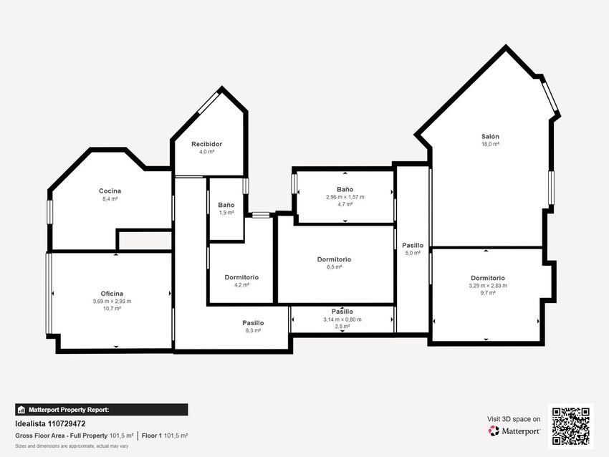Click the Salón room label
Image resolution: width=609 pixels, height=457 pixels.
pos(490,136)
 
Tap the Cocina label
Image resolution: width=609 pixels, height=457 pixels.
pos(110,191)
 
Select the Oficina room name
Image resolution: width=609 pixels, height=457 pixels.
pos(112,294)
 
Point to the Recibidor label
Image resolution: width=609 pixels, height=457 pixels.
pos(206,144)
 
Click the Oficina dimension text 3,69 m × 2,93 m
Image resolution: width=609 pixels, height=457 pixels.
pos(112,302)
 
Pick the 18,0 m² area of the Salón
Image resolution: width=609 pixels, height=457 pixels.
pos(490,144)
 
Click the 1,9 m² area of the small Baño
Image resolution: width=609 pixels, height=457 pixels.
pos(226,213)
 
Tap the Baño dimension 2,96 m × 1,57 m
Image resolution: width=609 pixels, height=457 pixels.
pos(345,197)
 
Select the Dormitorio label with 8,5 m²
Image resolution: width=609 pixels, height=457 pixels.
pos(334,259)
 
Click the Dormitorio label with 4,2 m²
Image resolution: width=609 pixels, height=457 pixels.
pos(241,277)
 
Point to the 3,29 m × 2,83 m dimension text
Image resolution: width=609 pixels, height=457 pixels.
pos(488,286)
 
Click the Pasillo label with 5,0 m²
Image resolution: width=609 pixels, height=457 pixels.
pos(413,246)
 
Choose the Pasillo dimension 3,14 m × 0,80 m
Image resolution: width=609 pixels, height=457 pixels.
pos(342,319)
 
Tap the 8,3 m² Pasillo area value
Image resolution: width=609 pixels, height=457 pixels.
pos(253,330)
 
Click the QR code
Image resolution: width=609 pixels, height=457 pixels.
pos(571,426)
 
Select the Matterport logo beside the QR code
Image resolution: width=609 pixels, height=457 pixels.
pos(514,431)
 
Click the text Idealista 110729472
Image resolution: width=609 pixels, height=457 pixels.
pos(50,423)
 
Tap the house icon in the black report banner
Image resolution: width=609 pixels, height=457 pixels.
pos(21,410)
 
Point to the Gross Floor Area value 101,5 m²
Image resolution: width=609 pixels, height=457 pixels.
pos(121,436)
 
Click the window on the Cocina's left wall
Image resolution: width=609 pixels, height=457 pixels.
pos(49,211)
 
